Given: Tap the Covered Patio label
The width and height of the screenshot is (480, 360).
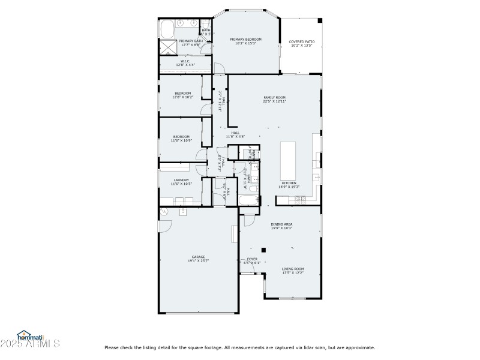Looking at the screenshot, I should click(302, 41).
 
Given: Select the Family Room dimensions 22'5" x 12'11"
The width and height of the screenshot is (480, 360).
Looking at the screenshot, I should click(274, 101).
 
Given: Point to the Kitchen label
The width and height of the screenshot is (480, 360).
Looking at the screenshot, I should click(289, 183).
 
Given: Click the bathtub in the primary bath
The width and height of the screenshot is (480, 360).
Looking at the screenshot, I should click(166, 28).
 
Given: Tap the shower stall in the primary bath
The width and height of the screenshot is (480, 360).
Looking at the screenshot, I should click(167, 48).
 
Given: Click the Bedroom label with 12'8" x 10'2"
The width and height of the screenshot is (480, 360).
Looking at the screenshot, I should click(182, 93).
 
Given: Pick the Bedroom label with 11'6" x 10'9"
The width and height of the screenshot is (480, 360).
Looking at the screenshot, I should click(181, 136).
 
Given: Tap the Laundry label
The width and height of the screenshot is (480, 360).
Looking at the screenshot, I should click(181, 179).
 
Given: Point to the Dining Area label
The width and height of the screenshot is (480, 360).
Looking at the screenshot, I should click(281, 224).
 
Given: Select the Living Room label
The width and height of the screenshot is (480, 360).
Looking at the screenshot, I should click(293, 269).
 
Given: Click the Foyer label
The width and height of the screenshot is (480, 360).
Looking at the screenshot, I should click(253, 259).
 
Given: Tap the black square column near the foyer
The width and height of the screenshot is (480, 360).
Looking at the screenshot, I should click(263, 248).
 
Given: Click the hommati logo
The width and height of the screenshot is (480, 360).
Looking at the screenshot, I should click(30, 337).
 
